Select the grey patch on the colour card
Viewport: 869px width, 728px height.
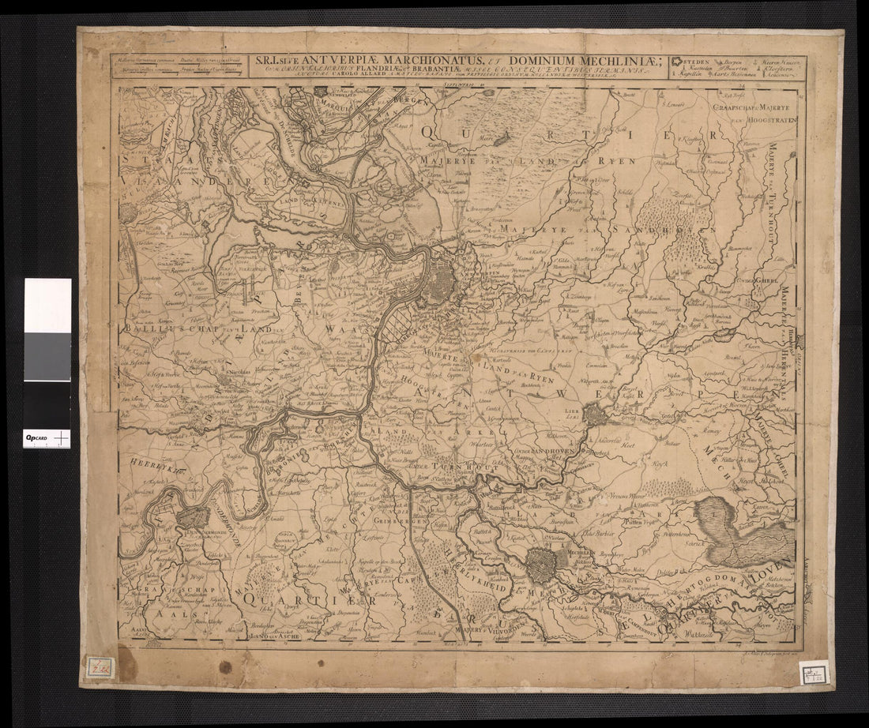click(x=47, y=356)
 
